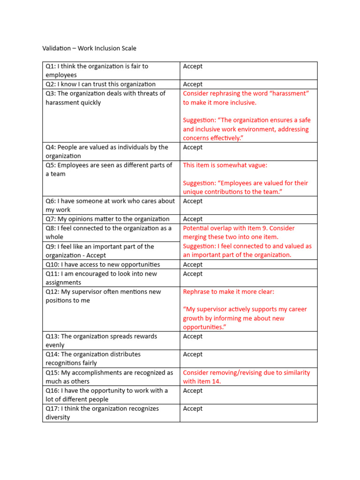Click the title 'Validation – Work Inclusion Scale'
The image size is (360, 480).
89,48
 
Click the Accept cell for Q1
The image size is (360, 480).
193,66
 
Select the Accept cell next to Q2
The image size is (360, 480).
193,84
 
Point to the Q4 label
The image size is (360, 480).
51,147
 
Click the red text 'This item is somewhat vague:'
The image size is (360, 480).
225,165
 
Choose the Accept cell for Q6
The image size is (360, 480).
193,201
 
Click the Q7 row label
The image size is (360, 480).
51,219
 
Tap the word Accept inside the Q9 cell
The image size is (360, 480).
96,255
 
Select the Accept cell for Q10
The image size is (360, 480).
193,264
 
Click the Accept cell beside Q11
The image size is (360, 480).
193,274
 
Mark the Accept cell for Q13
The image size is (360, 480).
193,337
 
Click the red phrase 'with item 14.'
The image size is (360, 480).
202,382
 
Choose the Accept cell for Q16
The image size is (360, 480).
193,390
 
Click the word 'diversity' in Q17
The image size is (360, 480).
58,418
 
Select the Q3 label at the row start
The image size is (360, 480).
51,93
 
